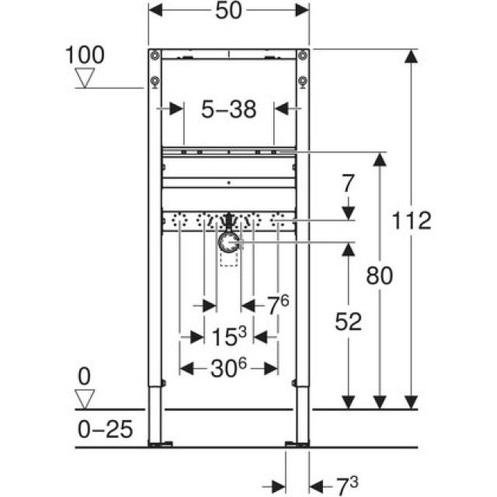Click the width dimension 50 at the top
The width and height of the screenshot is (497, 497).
coord(228,12)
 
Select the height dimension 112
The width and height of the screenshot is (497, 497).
coord(412,221)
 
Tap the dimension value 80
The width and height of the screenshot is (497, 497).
coord(379,275)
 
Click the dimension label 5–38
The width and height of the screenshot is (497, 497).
coord(228,109)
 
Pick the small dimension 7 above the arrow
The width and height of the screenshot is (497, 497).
coord(348,185)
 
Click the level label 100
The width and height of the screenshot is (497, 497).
coord(85,55)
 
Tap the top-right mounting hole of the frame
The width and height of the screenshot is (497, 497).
coord(301,56)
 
